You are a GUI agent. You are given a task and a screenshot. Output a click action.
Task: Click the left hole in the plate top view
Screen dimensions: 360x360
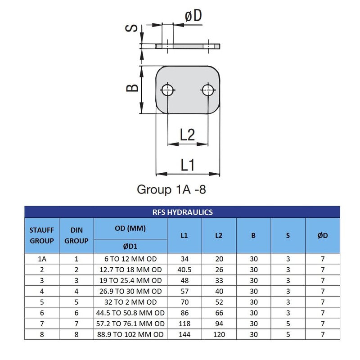tap(167, 90)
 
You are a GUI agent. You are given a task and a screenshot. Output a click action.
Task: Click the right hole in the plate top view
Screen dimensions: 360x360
tap(208, 90)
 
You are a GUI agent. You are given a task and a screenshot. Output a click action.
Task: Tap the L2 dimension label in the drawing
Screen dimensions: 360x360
tap(188, 135)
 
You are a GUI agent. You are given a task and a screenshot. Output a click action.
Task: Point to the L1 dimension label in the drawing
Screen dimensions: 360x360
tap(188, 165)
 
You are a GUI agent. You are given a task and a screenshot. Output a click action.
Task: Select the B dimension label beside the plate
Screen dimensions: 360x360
tap(132, 88)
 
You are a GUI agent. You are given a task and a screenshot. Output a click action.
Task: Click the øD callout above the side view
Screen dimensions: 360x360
tap(193, 16)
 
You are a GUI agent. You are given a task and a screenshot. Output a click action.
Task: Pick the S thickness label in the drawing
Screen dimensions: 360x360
tap(131, 28)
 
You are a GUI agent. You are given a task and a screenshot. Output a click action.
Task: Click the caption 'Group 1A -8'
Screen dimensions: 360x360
tap(171, 189)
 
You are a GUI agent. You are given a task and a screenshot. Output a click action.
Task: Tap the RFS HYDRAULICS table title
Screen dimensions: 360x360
tap(183, 212)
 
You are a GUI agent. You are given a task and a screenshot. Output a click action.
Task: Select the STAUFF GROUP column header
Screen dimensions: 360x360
tap(42, 235)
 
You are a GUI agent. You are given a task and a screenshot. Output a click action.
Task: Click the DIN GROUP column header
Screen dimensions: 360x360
tap(76, 235)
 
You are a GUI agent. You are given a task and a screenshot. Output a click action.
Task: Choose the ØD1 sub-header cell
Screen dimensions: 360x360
tap(130, 246)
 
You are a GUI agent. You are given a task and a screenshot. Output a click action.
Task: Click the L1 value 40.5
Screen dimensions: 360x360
tap(184, 270)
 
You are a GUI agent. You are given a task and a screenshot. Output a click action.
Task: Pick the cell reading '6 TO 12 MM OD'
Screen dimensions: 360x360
tap(130, 259)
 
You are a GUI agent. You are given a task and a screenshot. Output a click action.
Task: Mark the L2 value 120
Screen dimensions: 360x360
tap(219, 334)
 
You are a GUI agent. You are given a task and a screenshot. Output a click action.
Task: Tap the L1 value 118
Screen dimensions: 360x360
tap(184, 324)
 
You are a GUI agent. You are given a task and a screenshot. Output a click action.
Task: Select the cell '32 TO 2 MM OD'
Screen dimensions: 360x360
tap(130, 302)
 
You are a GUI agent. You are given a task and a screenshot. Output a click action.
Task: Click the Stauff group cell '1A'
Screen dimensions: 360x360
tap(42, 259)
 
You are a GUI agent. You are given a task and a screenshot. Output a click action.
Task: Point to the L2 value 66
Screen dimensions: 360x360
tap(219, 313)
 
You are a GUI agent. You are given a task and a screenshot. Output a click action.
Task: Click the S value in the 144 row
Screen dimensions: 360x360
tap(288, 334)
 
